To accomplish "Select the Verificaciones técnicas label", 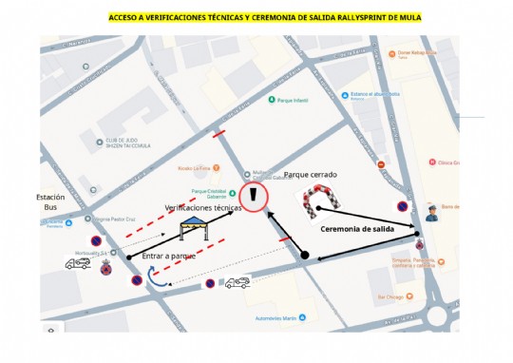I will [204, 207].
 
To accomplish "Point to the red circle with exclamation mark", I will [255, 197].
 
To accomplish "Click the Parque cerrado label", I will [311, 175].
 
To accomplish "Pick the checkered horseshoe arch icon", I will [321, 201].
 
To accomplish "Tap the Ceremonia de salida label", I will [356, 229].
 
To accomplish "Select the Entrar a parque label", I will [168, 257].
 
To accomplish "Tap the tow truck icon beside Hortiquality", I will [78, 263].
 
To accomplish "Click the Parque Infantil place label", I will [294, 98].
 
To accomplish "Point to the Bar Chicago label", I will [391, 296].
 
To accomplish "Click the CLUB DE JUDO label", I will [129, 136].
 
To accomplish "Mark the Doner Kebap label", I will [418, 53].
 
